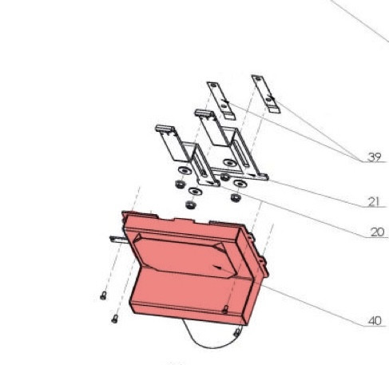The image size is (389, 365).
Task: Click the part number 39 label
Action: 374,157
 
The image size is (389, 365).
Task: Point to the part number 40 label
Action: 374,321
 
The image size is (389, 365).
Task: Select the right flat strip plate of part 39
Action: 266,92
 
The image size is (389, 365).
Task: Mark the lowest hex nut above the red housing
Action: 190,204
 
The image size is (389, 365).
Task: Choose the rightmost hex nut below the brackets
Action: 236,196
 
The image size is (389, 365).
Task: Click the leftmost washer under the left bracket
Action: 184,171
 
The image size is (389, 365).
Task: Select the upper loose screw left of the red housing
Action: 104,296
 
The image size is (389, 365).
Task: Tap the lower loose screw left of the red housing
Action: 114,319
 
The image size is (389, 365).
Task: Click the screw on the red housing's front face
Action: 226,308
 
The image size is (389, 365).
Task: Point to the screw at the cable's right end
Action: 238,331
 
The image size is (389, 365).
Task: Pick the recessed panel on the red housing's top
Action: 184,256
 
